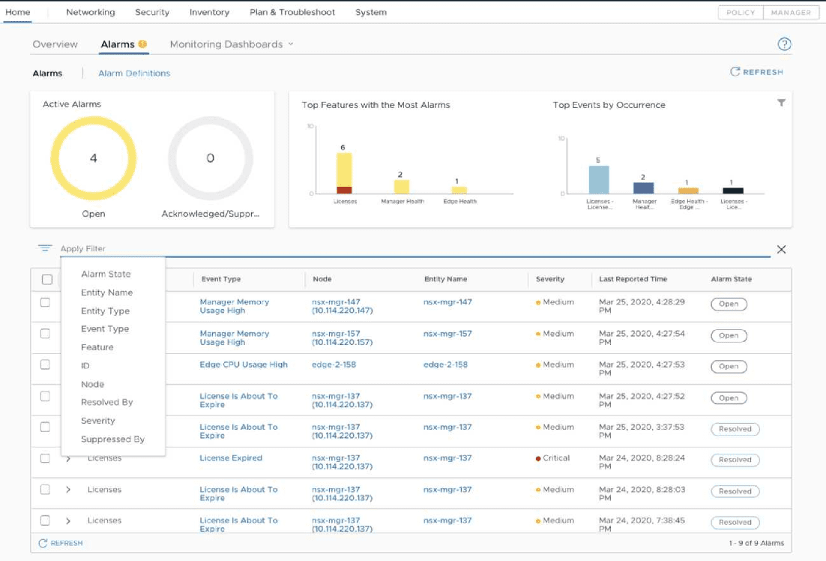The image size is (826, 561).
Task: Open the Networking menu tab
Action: [90, 12]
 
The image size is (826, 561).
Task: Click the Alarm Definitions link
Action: [134, 73]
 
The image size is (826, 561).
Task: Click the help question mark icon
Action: [784, 44]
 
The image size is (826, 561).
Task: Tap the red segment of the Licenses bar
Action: [344, 190]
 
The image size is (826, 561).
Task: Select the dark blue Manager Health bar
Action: [643, 188]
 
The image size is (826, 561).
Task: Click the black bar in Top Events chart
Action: [733, 190]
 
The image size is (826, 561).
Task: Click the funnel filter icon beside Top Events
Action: [781, 103]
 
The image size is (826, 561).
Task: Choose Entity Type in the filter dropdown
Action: [106, 311]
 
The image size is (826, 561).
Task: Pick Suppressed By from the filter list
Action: [112, 439]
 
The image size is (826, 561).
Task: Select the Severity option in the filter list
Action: [98, 421]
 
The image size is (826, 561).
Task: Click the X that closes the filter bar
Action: [781, 250]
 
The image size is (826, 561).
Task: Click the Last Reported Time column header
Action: [633, 279]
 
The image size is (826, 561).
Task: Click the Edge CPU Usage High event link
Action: [244, 364]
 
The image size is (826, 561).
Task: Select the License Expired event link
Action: [231, 458]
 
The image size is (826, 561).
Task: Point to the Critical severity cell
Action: [552, 458]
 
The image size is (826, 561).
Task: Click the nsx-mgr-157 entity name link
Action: [447, 334]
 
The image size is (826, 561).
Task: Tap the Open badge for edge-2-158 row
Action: [729, 367]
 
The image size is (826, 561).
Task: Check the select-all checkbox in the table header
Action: [47, 280]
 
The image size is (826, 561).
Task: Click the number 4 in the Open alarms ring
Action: [93, 158]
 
